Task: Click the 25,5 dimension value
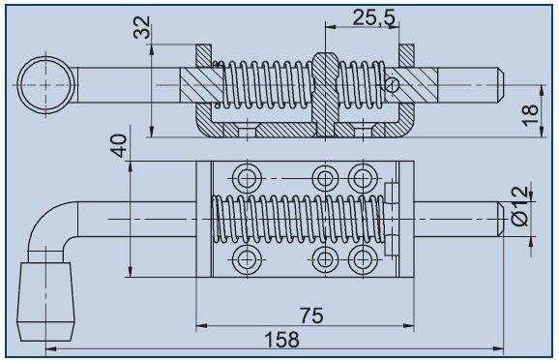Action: [374, 17]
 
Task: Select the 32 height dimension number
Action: [142, 27]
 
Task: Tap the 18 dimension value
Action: [531, 115]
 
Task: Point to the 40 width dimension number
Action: [119, 145]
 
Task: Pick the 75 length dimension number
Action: [311, 315]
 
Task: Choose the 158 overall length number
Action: [282, 340]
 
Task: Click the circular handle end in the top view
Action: [46, 85]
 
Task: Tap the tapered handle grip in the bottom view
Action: [46, 302]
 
